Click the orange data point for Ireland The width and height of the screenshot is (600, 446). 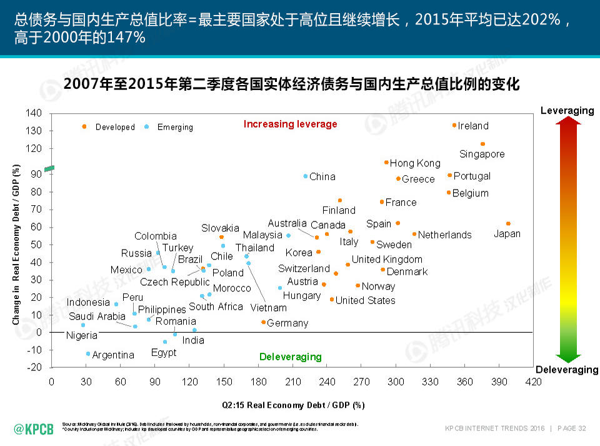454,125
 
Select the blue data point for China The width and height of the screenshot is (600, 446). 306,176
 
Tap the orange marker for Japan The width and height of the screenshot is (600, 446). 508,223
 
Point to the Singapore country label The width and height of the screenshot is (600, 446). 482,154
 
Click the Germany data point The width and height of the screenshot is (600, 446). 263,322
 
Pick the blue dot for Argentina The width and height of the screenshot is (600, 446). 88,354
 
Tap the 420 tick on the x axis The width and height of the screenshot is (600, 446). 533,381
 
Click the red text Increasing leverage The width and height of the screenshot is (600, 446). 290,124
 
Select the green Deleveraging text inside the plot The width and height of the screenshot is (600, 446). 290,357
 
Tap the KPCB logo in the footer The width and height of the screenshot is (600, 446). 34,428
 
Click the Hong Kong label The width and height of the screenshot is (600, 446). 415,163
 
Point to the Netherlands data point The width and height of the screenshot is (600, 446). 414,234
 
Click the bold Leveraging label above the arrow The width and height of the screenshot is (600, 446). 567,111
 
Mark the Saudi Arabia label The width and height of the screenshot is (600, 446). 97,317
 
